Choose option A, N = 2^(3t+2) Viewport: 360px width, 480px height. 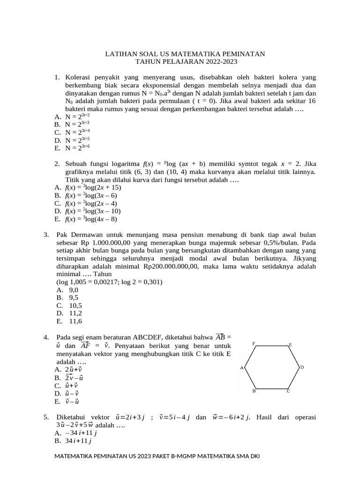[x=77, y=116]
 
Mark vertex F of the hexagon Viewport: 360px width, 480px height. [x=254, y=344]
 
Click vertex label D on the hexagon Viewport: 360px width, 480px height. [x=302, y=367]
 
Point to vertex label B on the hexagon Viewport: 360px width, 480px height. [x=254, y=390]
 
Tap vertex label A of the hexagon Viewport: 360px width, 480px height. [x=241, y=367]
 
